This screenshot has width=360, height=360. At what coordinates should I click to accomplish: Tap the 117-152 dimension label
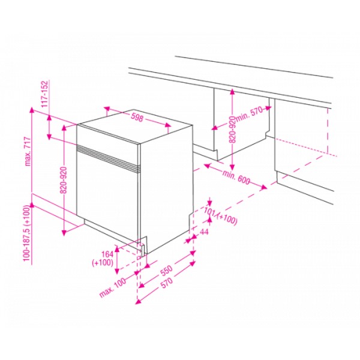pyautogui.click(x=45, y=94)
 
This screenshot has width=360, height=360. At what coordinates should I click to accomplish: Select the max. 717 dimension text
pyautogui.click(x=28, y=151)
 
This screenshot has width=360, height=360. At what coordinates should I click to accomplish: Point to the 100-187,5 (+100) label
pyautogui.click(x=26, y=233)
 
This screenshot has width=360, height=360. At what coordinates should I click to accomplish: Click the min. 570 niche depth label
pyautogui.click(x=249, y=114)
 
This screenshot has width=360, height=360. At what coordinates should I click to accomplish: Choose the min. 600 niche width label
pyautogui.click(x=236, y=176)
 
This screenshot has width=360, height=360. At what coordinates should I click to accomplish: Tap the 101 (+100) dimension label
pyautogui.click(x=220, y=216)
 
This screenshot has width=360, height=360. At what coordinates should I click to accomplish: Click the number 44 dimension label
pyautogui.click(x=204, y=232)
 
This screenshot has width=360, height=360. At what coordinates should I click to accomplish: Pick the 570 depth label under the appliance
pyautogui.click(x=167, y=283)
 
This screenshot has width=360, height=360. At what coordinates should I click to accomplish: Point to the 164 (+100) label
pyautogui.click(x=103, y=258)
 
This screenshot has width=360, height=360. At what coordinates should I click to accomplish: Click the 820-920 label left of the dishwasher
pyautogui.click(x=64, y=180)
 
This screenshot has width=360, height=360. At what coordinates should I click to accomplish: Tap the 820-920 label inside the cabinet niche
pyautogui.click(x=232, y=130)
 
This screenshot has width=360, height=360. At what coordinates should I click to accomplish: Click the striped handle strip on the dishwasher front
pyautogui.click(x=109, y=159)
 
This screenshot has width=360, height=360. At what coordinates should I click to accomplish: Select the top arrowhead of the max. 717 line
pyautogui.click(x=32, y=110)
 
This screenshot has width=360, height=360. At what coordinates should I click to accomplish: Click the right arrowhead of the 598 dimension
pyautogui.click(x=168, y=125)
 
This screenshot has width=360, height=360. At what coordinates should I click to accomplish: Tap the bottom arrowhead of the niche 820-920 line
pyautogui.click(x=232, y=167)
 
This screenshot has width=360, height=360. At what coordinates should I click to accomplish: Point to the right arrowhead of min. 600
pyautogui.click(x=264, y=187)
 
